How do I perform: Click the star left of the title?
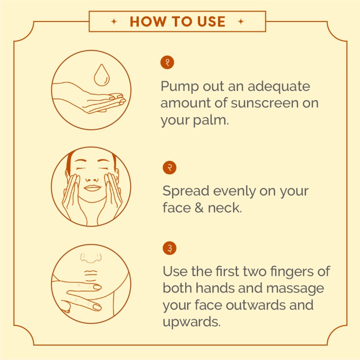114,22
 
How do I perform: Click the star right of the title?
241,22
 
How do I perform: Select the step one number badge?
167,62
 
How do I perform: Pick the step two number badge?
169,168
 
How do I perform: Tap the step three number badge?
169,248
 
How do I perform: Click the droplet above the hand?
101,75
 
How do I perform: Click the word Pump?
180,87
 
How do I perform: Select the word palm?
210,120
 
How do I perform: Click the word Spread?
186,191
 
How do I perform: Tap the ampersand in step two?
199,208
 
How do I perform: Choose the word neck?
225,208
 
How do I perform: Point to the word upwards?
191,322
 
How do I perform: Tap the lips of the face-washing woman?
92,188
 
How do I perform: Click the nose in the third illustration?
91,258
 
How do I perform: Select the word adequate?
279,87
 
